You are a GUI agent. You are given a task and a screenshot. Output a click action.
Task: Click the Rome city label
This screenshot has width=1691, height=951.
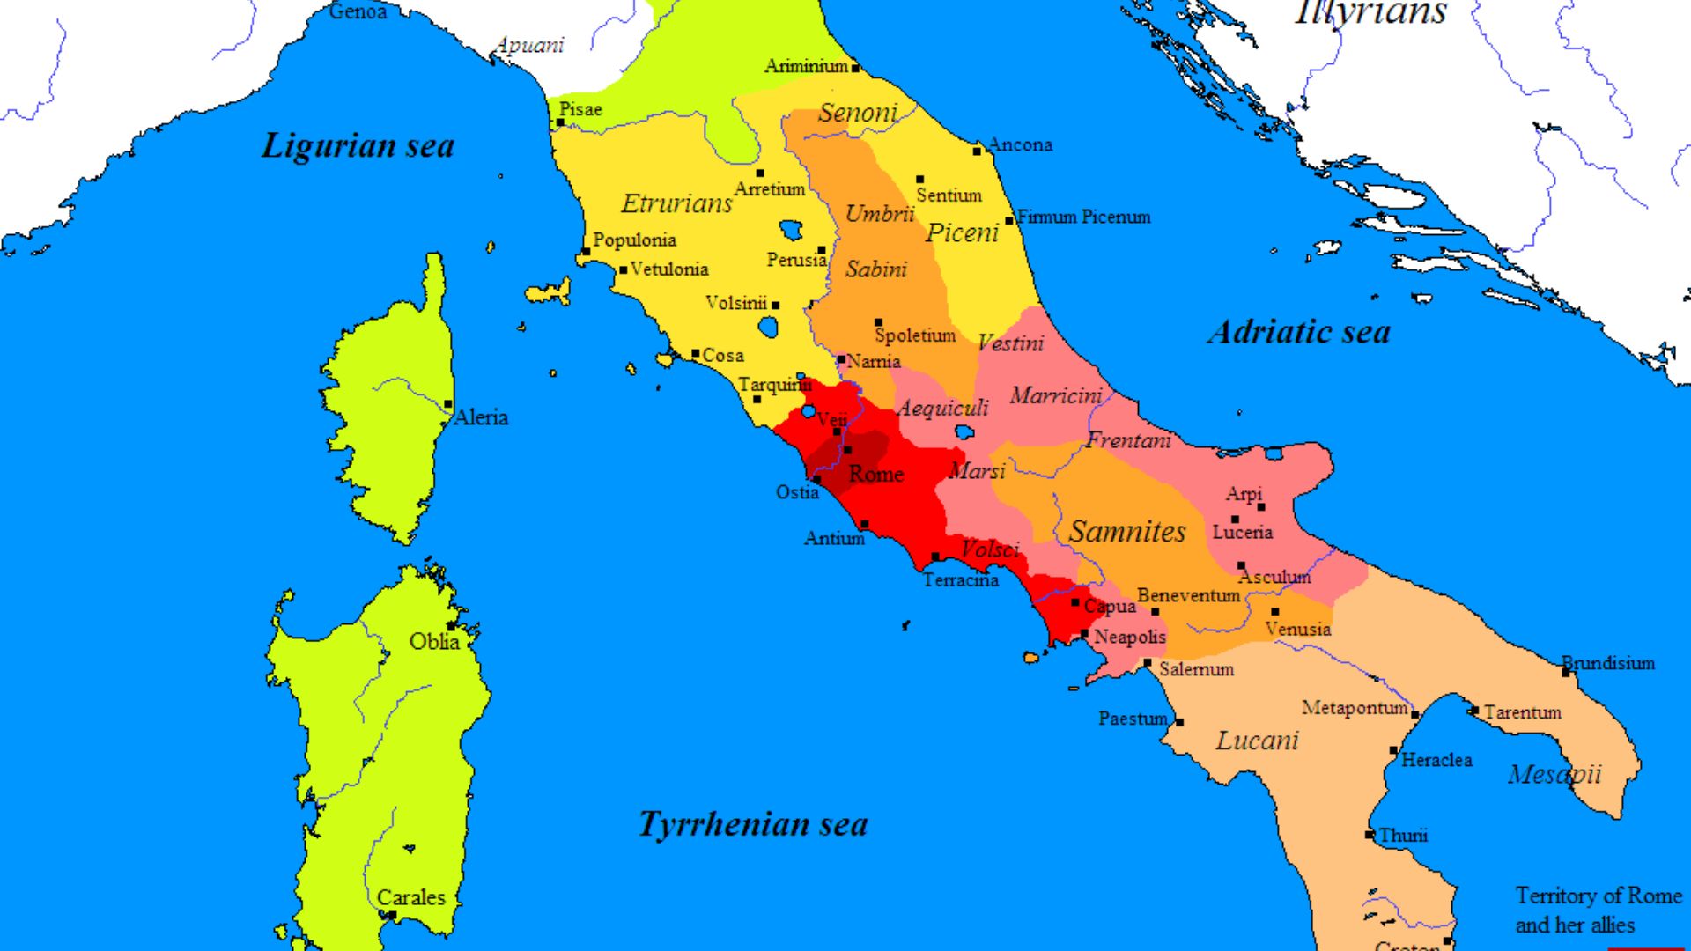(875, 475)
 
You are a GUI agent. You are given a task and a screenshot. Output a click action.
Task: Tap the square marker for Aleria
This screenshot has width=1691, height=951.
(448, 405)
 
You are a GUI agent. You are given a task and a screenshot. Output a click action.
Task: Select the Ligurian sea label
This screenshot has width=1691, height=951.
(358, 146)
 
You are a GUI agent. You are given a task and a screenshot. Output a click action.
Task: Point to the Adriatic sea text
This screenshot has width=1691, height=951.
(1299, 333)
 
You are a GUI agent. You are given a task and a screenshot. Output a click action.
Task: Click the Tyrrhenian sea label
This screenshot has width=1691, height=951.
(753, 824)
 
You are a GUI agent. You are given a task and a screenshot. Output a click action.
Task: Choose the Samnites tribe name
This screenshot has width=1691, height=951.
(1127, 532)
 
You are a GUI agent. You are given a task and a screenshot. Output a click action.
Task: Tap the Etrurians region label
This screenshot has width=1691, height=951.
(676, 203)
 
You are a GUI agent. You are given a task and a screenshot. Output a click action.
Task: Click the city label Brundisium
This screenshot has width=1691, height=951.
(1608, 663)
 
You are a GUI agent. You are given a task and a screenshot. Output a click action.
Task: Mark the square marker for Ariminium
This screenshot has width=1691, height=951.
(855, 68)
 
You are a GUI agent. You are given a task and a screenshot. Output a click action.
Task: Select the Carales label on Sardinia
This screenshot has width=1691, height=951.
(410, 897)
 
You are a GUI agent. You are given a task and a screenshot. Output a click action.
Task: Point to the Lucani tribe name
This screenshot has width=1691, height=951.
(1257, 741)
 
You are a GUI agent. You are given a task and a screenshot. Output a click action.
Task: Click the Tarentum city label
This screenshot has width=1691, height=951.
(1522, 712)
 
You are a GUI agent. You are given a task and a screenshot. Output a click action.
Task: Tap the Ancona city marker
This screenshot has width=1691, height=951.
(977, 151)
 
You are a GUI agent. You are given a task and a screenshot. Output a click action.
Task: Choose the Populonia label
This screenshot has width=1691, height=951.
(634, 240)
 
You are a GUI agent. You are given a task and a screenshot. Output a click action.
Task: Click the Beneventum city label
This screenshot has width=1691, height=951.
(1188, 595)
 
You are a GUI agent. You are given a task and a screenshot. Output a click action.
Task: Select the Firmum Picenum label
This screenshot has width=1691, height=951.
(1084, 217)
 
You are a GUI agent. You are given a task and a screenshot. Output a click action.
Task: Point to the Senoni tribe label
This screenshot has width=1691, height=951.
(857, 113)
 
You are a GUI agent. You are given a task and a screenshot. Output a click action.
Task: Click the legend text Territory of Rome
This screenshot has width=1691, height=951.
(1599, 896)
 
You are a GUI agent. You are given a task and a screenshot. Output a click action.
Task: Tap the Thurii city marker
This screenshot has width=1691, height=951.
(1370, 835)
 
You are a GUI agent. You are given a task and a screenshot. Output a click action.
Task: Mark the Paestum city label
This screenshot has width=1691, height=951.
(1133, 719)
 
